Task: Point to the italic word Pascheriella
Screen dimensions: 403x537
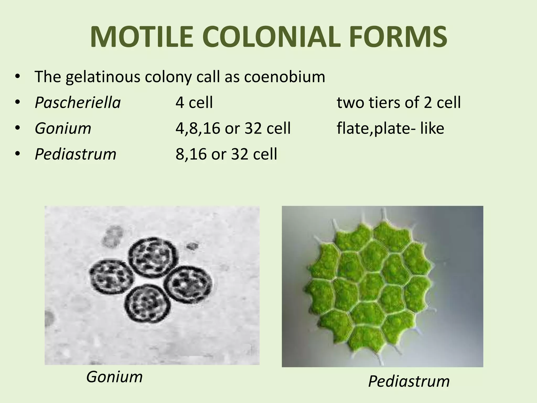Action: (x=78, y=102)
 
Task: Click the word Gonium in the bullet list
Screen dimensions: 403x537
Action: (x=63, y=128)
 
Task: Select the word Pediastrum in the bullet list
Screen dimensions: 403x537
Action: (x=76, y=154)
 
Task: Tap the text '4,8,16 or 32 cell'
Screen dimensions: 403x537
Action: (x=233, y=128)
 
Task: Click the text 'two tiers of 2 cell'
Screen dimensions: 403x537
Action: (x=399, y=102)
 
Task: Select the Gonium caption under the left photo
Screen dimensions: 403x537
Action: (x=114, y=377)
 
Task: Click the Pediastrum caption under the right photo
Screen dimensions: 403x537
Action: (x=409, y=381)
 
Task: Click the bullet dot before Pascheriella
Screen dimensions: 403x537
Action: (x=18, y=103)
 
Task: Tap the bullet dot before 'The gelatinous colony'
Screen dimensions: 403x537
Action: (x=18, y=77)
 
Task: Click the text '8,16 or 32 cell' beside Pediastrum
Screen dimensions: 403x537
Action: (x=226, y=154)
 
